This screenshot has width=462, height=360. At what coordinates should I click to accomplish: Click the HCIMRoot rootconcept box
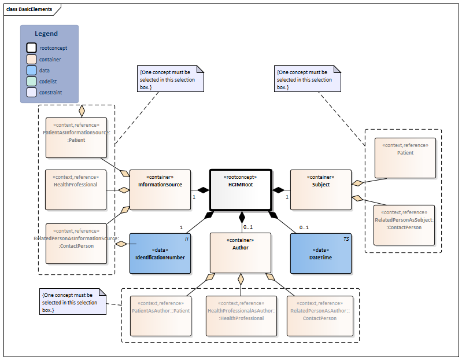tap(240, 189)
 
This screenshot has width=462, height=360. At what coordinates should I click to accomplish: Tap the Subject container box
tap(320, 189)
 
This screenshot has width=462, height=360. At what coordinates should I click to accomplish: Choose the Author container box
tap(240, 252)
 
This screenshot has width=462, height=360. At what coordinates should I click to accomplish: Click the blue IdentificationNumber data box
tap(160, 253)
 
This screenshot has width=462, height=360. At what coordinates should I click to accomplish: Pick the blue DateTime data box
tap(320, 253)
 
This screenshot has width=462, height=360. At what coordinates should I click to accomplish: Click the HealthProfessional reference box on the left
tap(76, 189)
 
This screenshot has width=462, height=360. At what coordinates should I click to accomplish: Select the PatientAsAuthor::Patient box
tap(160, 315)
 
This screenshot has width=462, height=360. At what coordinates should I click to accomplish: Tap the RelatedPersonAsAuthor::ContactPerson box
tap(320, 315)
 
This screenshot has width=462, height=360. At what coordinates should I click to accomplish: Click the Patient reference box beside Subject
tap(405, 157)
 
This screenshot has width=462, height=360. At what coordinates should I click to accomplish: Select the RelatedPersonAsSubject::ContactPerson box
tap(405, 225)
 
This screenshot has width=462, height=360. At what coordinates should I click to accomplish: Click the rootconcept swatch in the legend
tap(31, 48)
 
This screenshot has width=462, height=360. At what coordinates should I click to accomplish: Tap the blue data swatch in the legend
tap(31, 70)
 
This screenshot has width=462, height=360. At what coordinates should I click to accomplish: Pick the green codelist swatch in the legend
tap(31, 81)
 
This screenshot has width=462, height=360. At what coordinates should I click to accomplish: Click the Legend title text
tap(46, 34)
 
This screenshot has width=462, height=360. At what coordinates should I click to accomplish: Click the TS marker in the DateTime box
tap(345, 238)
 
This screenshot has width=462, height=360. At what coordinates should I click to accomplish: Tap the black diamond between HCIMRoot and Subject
tap(279, 189)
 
